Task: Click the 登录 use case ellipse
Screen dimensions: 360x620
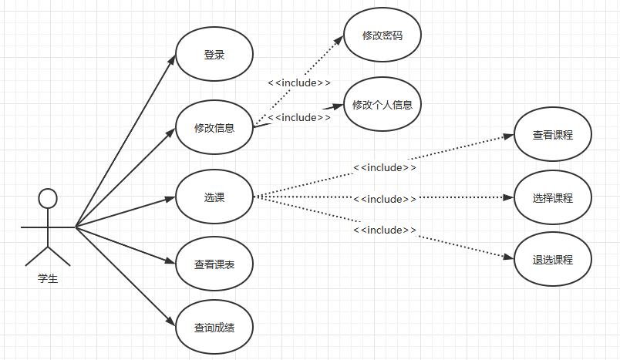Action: pyautogui.click(x=214, y=55)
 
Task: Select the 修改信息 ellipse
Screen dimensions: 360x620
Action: pyautogui.click(x=214, y=127)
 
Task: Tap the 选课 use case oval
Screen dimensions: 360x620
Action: pyautogui.click(x=214, y=197)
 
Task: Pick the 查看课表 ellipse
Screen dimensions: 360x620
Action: pyautogui.click(x=214, y=264)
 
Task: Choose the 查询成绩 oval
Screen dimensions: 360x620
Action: pyautogui.click(x=214, y=328)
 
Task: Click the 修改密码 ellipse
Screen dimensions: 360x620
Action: pyautogui.click(x=382, y=35)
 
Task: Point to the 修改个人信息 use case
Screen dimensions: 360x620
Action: pyautogui.click(x=382, y=105)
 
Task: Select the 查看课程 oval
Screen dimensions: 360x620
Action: pyautogui.click(x=552, y=135)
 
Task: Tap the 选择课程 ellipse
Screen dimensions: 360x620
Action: pyautogui.click(x=552, y=198)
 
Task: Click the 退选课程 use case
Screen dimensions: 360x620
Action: pyautogui.click(x=552, y=259)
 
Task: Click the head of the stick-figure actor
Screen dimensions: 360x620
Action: pyautogui.click(x=48, y=199)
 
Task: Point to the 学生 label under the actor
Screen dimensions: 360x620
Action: pyautogui.click(x=48, y=279)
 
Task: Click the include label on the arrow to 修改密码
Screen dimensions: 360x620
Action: pyautogui.click(x=299, y=82)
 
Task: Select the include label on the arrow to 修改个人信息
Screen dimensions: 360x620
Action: pyautogui.click(x=299, y=117)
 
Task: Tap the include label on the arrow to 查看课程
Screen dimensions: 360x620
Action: pyautogui.click(x=385, y=167)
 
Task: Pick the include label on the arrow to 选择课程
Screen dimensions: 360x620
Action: pyautogui.click(x=385, y=199)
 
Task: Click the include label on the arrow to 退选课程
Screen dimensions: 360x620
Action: pyautogui.click(x=385, y=230)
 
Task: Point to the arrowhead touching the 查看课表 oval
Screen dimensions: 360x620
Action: pyautogui.click(x=171, y=261)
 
